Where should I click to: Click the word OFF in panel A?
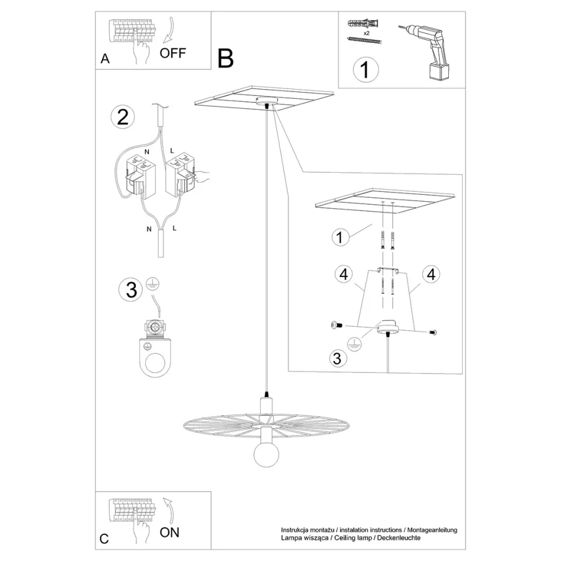tap(172, 53)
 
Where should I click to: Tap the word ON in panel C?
tap(169, 533)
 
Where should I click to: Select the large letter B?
tap(226, 58)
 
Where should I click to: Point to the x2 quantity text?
tap(366, 33)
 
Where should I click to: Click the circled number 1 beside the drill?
tap(366, 69)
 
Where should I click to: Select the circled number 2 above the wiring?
tap(123, 117)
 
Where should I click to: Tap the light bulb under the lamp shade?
tap(266, 456)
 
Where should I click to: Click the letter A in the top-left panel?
tap(105, 58)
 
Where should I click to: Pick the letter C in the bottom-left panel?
tap(104, 539)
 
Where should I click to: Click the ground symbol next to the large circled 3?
tap(153, 285)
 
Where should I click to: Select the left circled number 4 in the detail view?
tap(344, 274)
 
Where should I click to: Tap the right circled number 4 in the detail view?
tap(431, 274)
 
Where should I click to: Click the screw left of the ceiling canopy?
tap(336, 325)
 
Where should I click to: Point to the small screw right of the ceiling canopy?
tap(432, 333)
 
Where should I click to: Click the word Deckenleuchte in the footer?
tap(399, 538)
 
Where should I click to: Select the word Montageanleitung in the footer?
tap(432, 530)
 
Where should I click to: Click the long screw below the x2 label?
tap(364, 40)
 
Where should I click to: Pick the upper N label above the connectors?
tap(147, 152)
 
